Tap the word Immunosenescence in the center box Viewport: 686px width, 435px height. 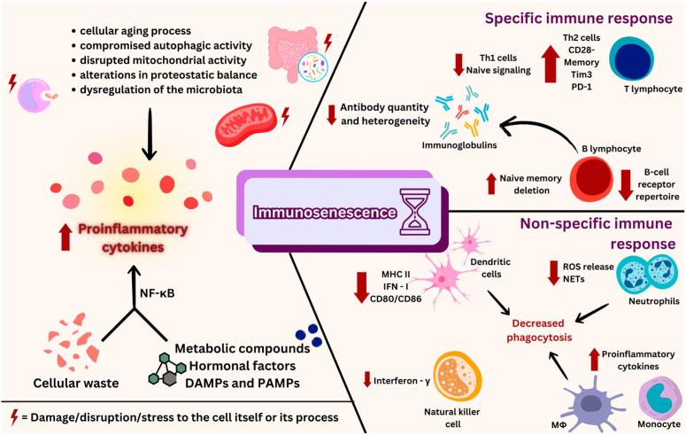point(327,213)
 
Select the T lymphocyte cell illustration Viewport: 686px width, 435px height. point(644,63)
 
